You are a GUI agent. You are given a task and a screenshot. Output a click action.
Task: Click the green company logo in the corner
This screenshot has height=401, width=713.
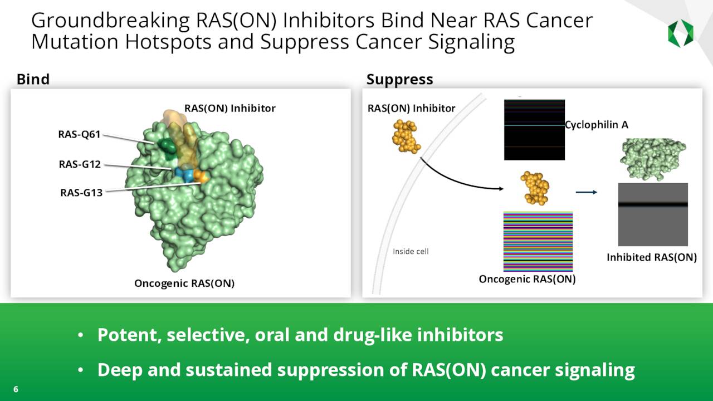coord(681,33)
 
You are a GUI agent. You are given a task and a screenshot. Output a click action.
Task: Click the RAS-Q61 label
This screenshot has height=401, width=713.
coord(79,134)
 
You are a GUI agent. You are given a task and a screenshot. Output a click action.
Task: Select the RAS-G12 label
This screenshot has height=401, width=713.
coord(80,164)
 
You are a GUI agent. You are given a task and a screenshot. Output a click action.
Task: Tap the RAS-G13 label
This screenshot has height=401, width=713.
coord(81,193)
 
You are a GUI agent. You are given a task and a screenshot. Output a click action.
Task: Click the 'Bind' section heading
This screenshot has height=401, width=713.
coord(33,79)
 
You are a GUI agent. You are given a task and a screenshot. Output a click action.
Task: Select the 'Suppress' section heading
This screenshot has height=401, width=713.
coord(399,79)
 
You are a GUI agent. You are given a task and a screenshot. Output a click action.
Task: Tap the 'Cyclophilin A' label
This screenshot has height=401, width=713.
coord(597,125)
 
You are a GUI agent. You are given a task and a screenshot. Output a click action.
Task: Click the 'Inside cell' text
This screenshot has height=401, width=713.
coord(411,251)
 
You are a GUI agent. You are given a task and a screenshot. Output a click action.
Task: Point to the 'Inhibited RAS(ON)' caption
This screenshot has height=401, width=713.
coord(651,257)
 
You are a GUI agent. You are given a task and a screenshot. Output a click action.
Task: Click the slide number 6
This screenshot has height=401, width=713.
coord(16,389)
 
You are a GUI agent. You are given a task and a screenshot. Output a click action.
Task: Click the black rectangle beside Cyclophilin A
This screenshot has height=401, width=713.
coord(534,130)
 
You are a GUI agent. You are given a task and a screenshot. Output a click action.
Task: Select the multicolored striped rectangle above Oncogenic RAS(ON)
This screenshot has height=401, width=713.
coord(538,241)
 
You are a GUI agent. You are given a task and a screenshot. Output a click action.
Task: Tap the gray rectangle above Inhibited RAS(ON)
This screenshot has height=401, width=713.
coord(653,214)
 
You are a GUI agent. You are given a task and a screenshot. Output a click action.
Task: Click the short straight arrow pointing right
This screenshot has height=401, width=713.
coord(586,193)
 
